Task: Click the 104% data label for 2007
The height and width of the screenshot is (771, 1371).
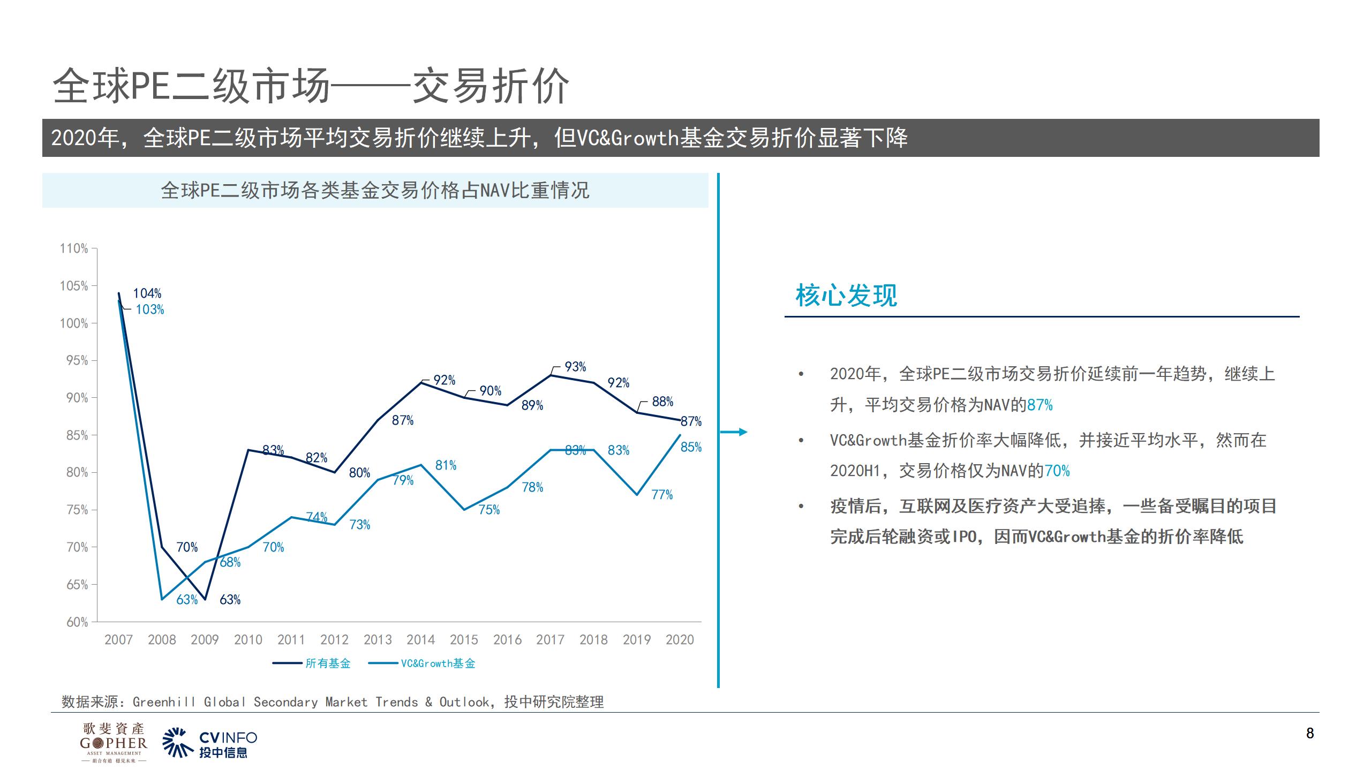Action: point(147,293)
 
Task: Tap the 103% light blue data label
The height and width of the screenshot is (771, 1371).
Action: point(149,309)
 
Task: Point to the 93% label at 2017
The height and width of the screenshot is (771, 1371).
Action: point(575,367)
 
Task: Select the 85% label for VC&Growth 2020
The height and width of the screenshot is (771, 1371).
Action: point(691,447)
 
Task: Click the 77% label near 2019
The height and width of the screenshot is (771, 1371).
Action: point(662,495)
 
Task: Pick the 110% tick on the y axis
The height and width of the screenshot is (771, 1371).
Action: point(74,248)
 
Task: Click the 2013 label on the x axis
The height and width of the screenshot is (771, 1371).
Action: point(378,640)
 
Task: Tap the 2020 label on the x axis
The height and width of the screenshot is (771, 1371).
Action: point(680,640)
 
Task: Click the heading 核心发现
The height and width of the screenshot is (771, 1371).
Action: point(846,296)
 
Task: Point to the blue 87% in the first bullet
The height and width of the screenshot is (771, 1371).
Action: point(1039,405)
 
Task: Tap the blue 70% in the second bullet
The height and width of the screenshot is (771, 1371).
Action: point(1057,471)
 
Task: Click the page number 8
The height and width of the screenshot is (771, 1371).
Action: point(1310,734)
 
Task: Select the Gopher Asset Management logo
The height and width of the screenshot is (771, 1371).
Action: point(114,743)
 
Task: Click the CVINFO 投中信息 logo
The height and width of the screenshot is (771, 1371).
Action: point(210,743)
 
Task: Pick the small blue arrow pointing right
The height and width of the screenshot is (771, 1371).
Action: point(735,432)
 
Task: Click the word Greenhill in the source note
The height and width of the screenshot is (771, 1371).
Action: point(164,702)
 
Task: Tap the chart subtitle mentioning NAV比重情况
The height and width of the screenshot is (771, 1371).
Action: point(375,191)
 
